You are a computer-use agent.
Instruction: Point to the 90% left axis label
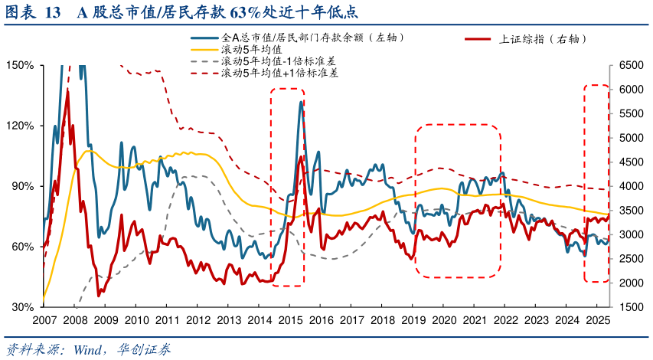point(21,186)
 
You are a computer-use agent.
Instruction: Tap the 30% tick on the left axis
point(21,307)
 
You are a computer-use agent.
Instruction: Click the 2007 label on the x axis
point(44,320)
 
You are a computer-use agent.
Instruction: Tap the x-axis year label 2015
point(290,320)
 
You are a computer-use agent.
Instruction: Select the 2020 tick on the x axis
point(444,320)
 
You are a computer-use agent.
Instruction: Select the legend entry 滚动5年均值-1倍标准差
point(279,61)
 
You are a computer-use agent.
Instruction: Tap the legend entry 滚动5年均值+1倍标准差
point(280,74)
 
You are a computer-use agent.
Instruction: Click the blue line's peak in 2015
point(302,102)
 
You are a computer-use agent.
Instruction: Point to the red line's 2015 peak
point(301,156)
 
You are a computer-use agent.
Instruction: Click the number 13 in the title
point(53,13)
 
